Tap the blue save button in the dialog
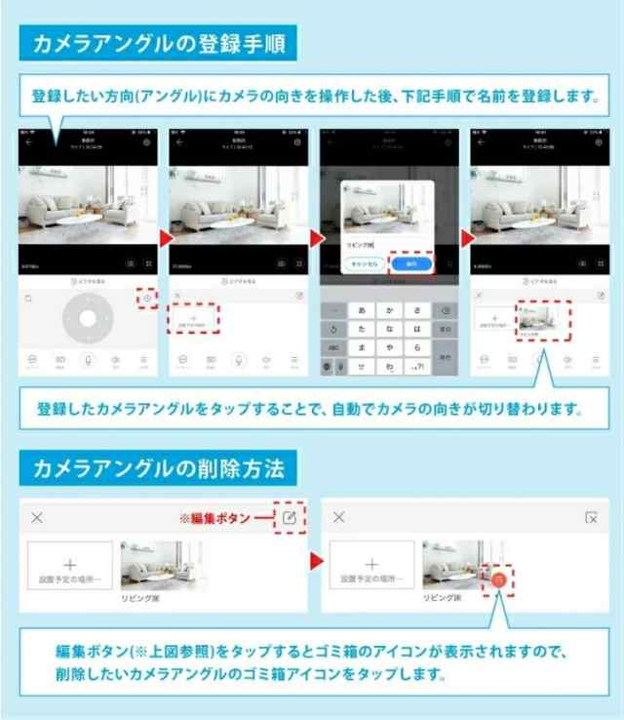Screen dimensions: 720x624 pyautogui.click(x=410, y=262)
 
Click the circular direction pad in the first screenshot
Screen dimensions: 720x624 pyautogui.click(x=89, y=318)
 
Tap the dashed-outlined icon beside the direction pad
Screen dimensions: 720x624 pyautogui.click(x=146, y=298)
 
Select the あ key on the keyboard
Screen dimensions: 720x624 pyautogui.click(x=363, y=309)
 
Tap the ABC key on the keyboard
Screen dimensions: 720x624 pyautogui.click(x=333, y=345)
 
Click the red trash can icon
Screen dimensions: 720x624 pyautogui.click(x=498, y=579)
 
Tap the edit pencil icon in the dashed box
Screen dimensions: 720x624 pyautogui.click(x=290, y=517)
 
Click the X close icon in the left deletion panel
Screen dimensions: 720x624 pyautogui.click(x=37, y=517)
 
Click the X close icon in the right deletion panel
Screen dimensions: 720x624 pyautogui.click(x=338, y=517)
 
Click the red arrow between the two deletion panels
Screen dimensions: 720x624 pyautogui.click(x=316, y=563)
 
